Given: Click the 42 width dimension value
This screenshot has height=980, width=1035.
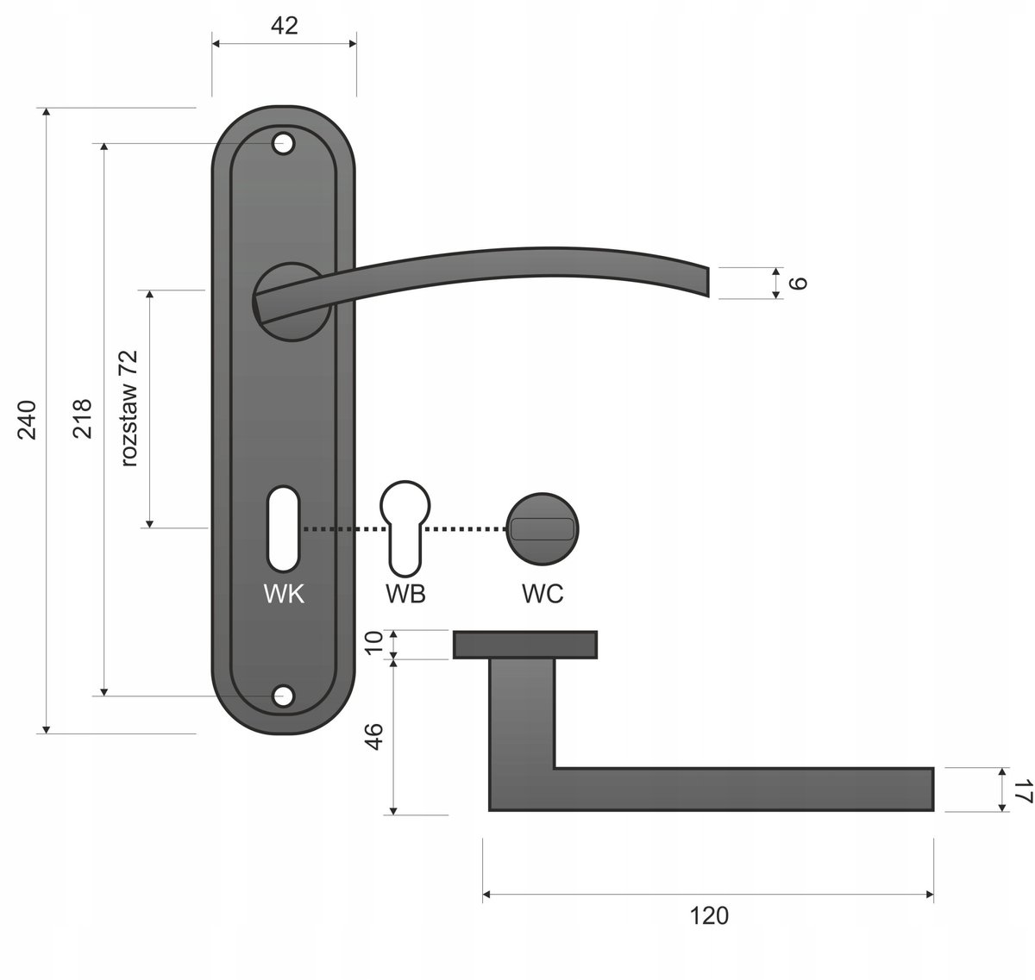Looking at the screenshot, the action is click(x=285, y=25).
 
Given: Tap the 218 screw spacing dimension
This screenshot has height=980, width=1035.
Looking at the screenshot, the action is click(x=82, y=418).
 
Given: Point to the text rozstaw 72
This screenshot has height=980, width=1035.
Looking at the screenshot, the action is click(x=129, y=408).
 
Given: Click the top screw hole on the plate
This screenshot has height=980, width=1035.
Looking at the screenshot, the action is click(x=283, y=144).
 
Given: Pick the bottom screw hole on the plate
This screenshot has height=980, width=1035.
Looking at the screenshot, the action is click(x=283, y=696).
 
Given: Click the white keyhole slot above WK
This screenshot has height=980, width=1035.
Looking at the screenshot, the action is click(x=283, y=528).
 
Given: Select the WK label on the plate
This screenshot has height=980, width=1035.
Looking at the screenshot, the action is click(x=284, y=594).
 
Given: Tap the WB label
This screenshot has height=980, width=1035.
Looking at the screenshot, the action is click(x=405, y=594).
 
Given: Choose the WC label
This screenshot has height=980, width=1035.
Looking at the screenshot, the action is click(x=543, y=594).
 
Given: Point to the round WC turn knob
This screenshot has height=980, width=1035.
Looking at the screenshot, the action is click(x=543, y=529).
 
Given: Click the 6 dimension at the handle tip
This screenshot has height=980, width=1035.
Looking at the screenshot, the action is click(x=798, y=283).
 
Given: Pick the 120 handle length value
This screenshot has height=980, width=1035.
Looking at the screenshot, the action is click(x=709, y=916).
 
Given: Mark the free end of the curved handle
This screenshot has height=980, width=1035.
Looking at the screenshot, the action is click(x=708, y=282).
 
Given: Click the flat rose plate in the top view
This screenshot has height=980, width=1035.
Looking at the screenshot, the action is click(x=525, y=645).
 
